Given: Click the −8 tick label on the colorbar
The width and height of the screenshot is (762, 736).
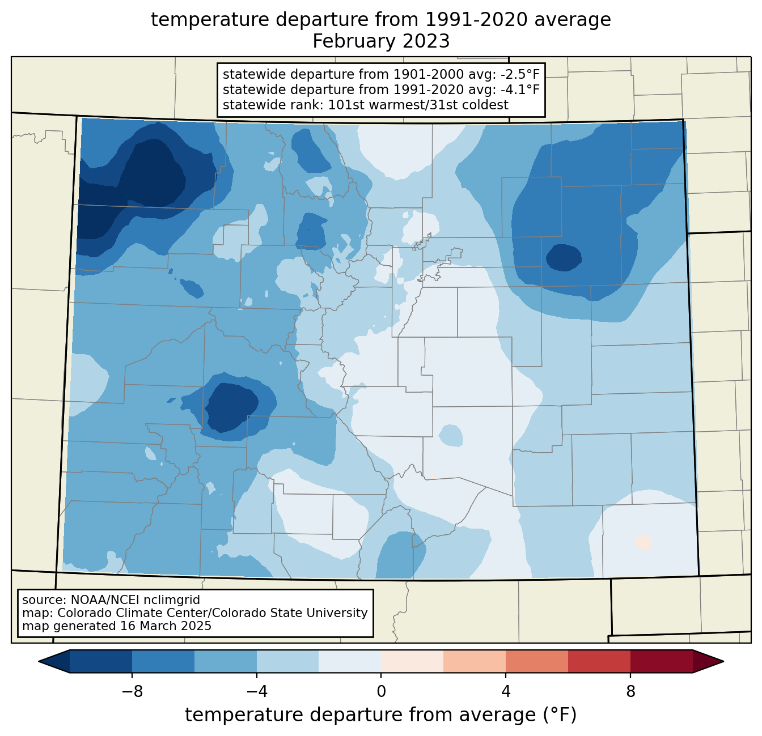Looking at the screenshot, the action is point(132,692).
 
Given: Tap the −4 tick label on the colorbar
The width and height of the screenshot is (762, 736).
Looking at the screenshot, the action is point(257,692).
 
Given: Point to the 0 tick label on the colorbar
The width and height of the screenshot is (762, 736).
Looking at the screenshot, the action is point(381,692).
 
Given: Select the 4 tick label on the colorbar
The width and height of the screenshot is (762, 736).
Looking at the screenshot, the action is point(506,692).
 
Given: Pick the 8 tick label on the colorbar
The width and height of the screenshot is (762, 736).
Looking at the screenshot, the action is point(630,692).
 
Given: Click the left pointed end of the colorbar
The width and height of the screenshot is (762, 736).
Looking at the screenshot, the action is point(39,662).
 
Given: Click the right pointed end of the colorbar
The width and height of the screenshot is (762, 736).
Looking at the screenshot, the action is point(724,662).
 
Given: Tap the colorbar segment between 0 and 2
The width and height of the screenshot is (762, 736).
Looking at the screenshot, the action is point(412,662).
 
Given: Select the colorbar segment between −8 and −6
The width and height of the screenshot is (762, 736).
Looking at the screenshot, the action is point(163,662).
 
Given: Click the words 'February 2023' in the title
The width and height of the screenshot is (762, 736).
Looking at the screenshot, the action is point(381,41).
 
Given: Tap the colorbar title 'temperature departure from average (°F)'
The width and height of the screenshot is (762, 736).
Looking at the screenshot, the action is point(381,714).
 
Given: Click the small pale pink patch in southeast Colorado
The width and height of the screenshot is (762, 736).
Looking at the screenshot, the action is point(644,542).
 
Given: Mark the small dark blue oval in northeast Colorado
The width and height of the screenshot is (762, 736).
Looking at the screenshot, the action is point(564,257).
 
